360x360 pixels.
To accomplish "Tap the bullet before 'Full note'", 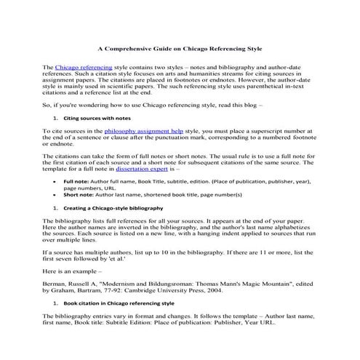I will (x=57, y=180).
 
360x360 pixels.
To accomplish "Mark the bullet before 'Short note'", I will (x=57, y=195).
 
